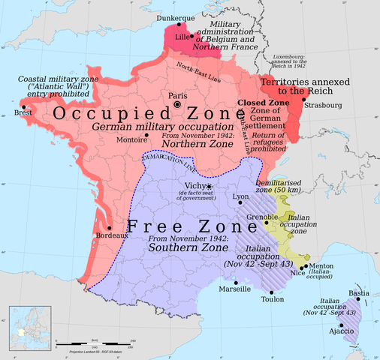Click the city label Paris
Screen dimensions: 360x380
177,95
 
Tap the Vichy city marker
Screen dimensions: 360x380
210,186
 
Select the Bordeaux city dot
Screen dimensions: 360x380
110,227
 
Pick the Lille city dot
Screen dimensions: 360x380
192,35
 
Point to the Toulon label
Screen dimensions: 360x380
271,298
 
